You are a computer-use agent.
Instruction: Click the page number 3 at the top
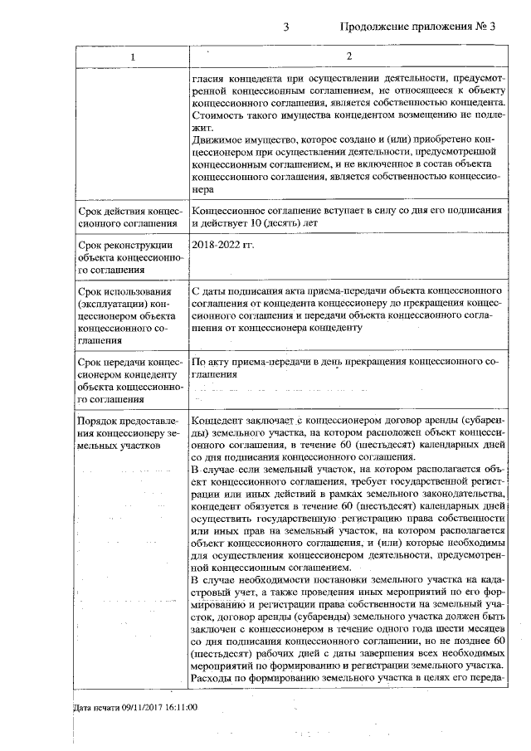click(x=285, y=27)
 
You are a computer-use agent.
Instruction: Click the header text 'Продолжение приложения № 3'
click(x=417, y=27)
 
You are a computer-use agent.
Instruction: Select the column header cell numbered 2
click(x=348, y=56)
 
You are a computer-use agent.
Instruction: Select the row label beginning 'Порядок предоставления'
click(x=129, y=433)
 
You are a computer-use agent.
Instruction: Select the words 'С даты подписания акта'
click(x=246, y=293)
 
